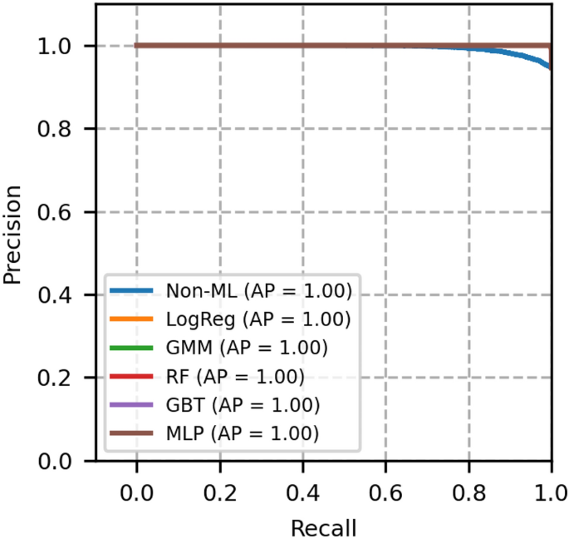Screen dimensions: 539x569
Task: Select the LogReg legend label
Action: pyautogui.click(x=258, y=319)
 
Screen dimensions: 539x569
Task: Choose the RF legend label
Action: pyautogui.click(x=235, y=376)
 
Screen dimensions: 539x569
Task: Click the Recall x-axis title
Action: pyautogui.click(x=323, y=527)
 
